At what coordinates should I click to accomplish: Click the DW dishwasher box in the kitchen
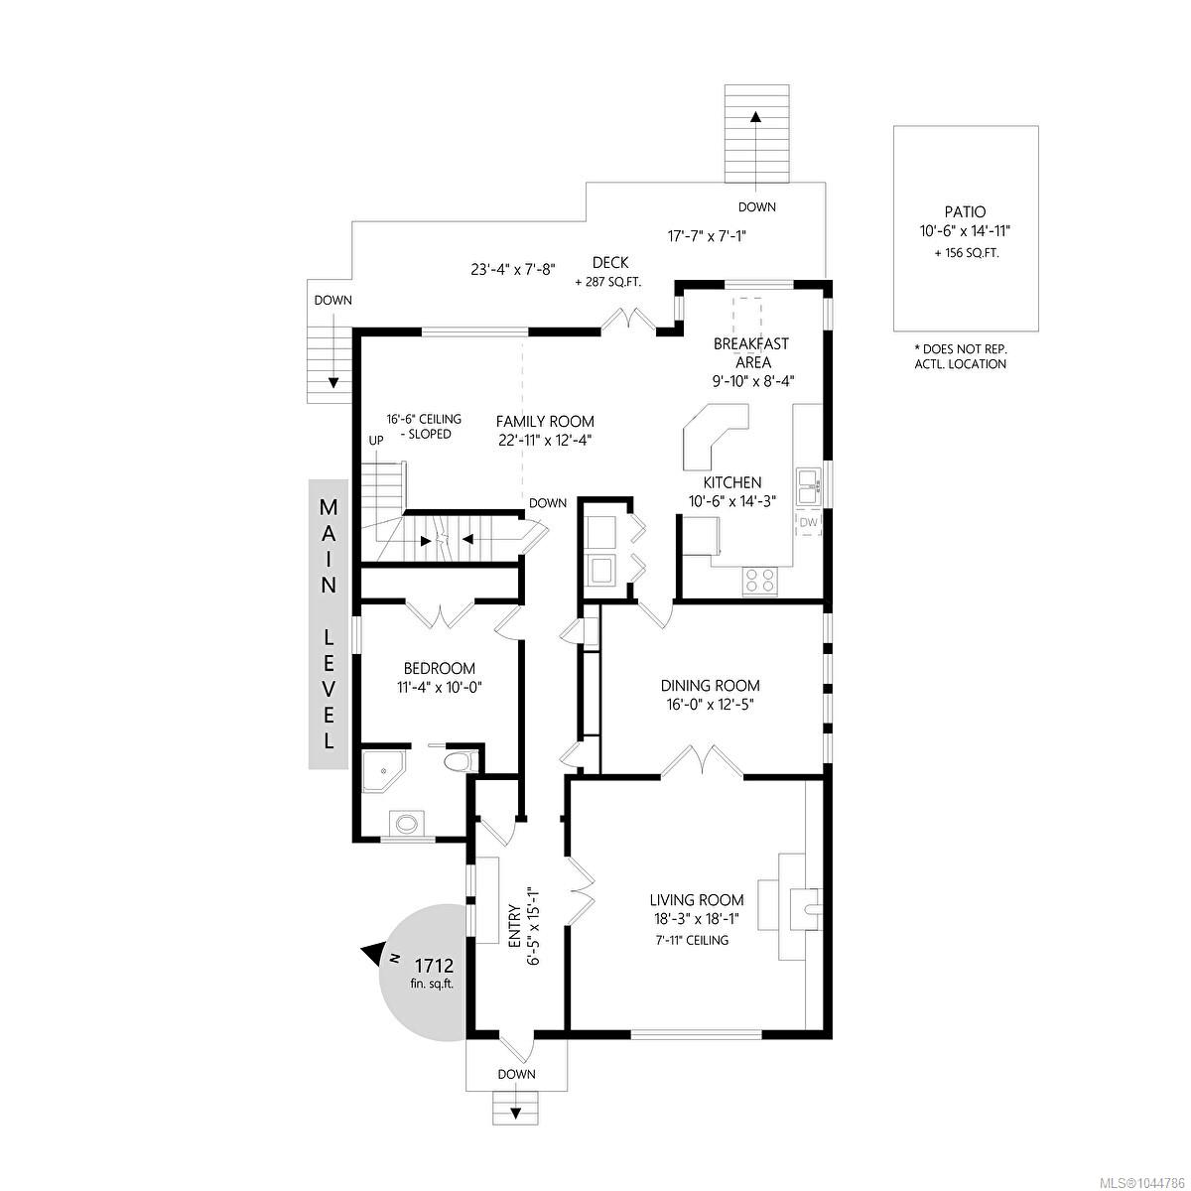point(809,522)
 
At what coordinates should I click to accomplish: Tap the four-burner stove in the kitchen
point(759,581)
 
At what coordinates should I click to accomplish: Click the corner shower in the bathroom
point(383,770)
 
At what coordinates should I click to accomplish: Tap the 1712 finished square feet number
point(434,965)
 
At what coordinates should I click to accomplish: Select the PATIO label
point(966,212)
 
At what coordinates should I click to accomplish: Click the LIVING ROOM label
point(696,900)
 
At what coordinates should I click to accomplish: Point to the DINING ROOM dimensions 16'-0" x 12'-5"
point(711,704)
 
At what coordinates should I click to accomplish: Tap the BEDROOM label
point(440,668)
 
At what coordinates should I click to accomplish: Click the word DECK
point(610,263)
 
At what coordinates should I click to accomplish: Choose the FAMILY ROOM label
point(545,422)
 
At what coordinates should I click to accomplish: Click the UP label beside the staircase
point(376,441)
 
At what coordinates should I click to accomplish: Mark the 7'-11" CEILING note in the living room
point(692,940)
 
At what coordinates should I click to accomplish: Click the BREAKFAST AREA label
point(752,352)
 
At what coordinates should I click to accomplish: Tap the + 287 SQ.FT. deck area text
point(608,283)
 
